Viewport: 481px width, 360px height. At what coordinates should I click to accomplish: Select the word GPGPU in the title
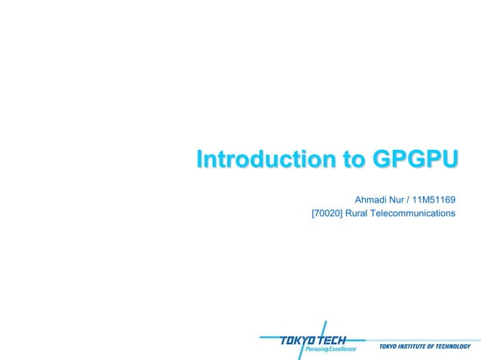406,160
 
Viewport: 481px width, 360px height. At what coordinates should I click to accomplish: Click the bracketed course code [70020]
326,214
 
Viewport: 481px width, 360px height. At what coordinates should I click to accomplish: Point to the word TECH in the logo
330,340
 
